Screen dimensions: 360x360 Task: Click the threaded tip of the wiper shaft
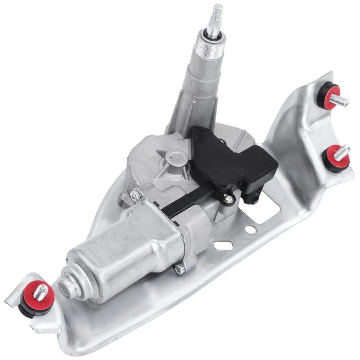pos(215,16)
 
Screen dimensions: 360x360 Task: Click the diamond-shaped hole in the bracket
pos(223,245)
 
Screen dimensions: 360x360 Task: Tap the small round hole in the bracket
pos(251,229)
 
